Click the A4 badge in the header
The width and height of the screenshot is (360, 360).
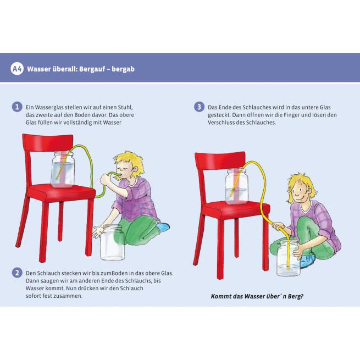(x=16, y=69)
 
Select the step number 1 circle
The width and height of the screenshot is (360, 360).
(x=17, y=107)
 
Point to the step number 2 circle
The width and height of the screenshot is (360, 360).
(x=17, y=273)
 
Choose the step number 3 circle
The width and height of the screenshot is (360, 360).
(x=199, y=107)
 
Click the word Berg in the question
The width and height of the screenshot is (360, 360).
(x=296, y=296)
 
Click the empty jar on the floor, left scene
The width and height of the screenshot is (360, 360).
(x=112, y=242)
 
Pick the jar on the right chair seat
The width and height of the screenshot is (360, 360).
(x=237, y=186)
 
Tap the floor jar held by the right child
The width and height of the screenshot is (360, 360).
(x=289, y=258)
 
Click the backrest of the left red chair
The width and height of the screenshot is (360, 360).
(x=48, y=142)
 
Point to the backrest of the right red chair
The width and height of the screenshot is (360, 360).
(x=220, y=160)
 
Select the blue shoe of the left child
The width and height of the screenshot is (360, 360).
(x=163, y=227)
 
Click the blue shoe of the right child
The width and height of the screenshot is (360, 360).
(x=308, y=260)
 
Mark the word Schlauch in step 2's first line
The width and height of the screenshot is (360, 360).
(x=48, y=273)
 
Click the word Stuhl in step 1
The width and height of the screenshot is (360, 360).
(x=125, y=107)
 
